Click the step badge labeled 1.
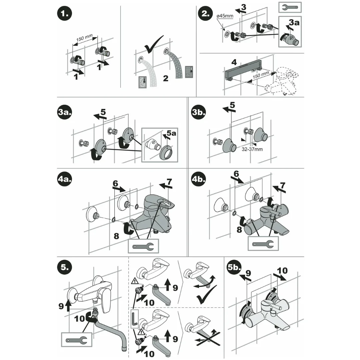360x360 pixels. pyautogui.click(x=65, y=14)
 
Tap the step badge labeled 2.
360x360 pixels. pyautogui.click(x=205, y=15)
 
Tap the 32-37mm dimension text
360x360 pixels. pyautogui.click(x=252, y=149)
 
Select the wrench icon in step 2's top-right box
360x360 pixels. pyautogui.click(x=289, y=7)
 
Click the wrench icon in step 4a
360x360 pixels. pyautogui.click(x=143, y=247)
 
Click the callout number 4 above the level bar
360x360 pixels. pyautogui.click(x=234, y=62)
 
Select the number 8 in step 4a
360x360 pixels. pyautogui.click(x=116, y=236)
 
